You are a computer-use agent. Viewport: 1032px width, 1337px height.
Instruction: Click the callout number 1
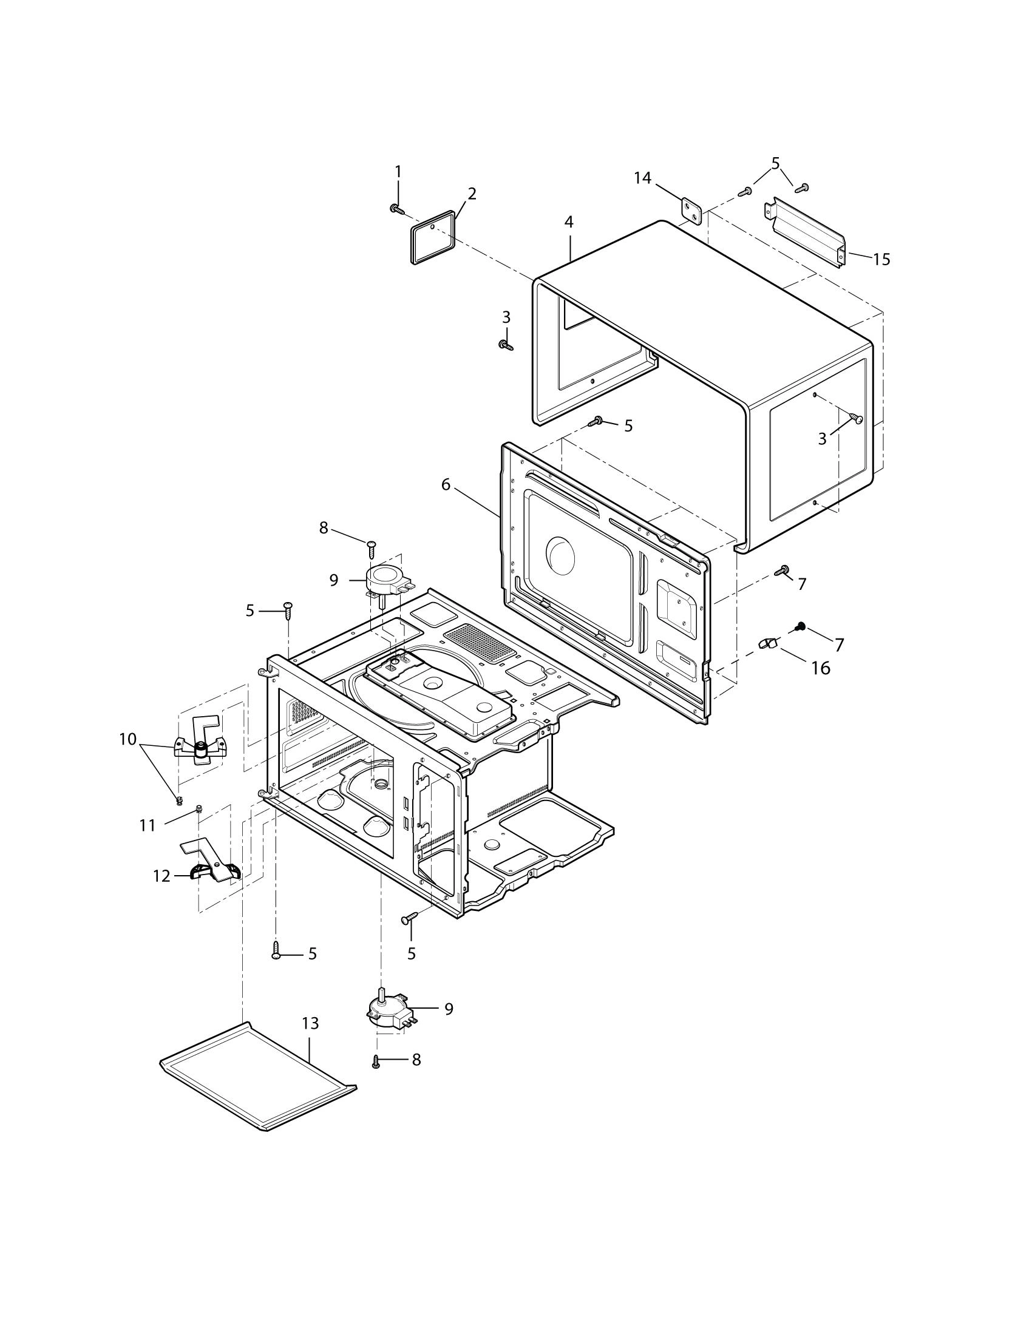[x=398, y=171]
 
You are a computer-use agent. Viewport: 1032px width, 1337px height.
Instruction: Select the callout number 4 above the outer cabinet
[x=569, y=222]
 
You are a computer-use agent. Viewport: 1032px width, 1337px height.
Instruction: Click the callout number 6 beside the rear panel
[x=445, y=485]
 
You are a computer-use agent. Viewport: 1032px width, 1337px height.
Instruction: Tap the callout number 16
[x=820, y=668]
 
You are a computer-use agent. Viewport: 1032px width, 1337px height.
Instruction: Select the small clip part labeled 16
[x=767, y=643]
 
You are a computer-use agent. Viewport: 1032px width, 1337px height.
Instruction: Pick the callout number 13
[x=311, y=1023]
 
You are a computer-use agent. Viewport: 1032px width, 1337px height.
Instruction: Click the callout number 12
[x=161, y=876]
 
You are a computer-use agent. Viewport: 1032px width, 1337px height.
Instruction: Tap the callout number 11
[x=148, y=826]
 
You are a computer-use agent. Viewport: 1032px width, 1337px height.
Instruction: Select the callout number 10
[x=127, y=739]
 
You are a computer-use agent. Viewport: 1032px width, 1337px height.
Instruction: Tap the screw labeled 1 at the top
[x=396, y=209]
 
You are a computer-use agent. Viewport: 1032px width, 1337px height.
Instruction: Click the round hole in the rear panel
[x=560, y=554]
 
